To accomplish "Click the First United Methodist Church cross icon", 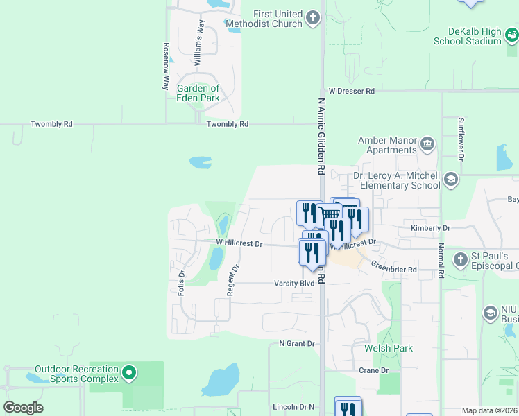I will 313,18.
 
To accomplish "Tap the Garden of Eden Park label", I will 198,93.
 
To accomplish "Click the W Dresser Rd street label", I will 351,91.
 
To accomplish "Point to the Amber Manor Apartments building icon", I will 427,145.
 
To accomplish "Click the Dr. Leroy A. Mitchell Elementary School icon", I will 451,180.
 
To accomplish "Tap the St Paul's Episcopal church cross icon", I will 460,261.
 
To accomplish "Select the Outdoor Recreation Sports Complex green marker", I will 128,374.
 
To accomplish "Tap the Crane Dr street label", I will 374,370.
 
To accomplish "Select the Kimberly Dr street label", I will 431,227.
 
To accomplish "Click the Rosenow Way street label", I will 167,67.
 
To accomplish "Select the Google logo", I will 23,407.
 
